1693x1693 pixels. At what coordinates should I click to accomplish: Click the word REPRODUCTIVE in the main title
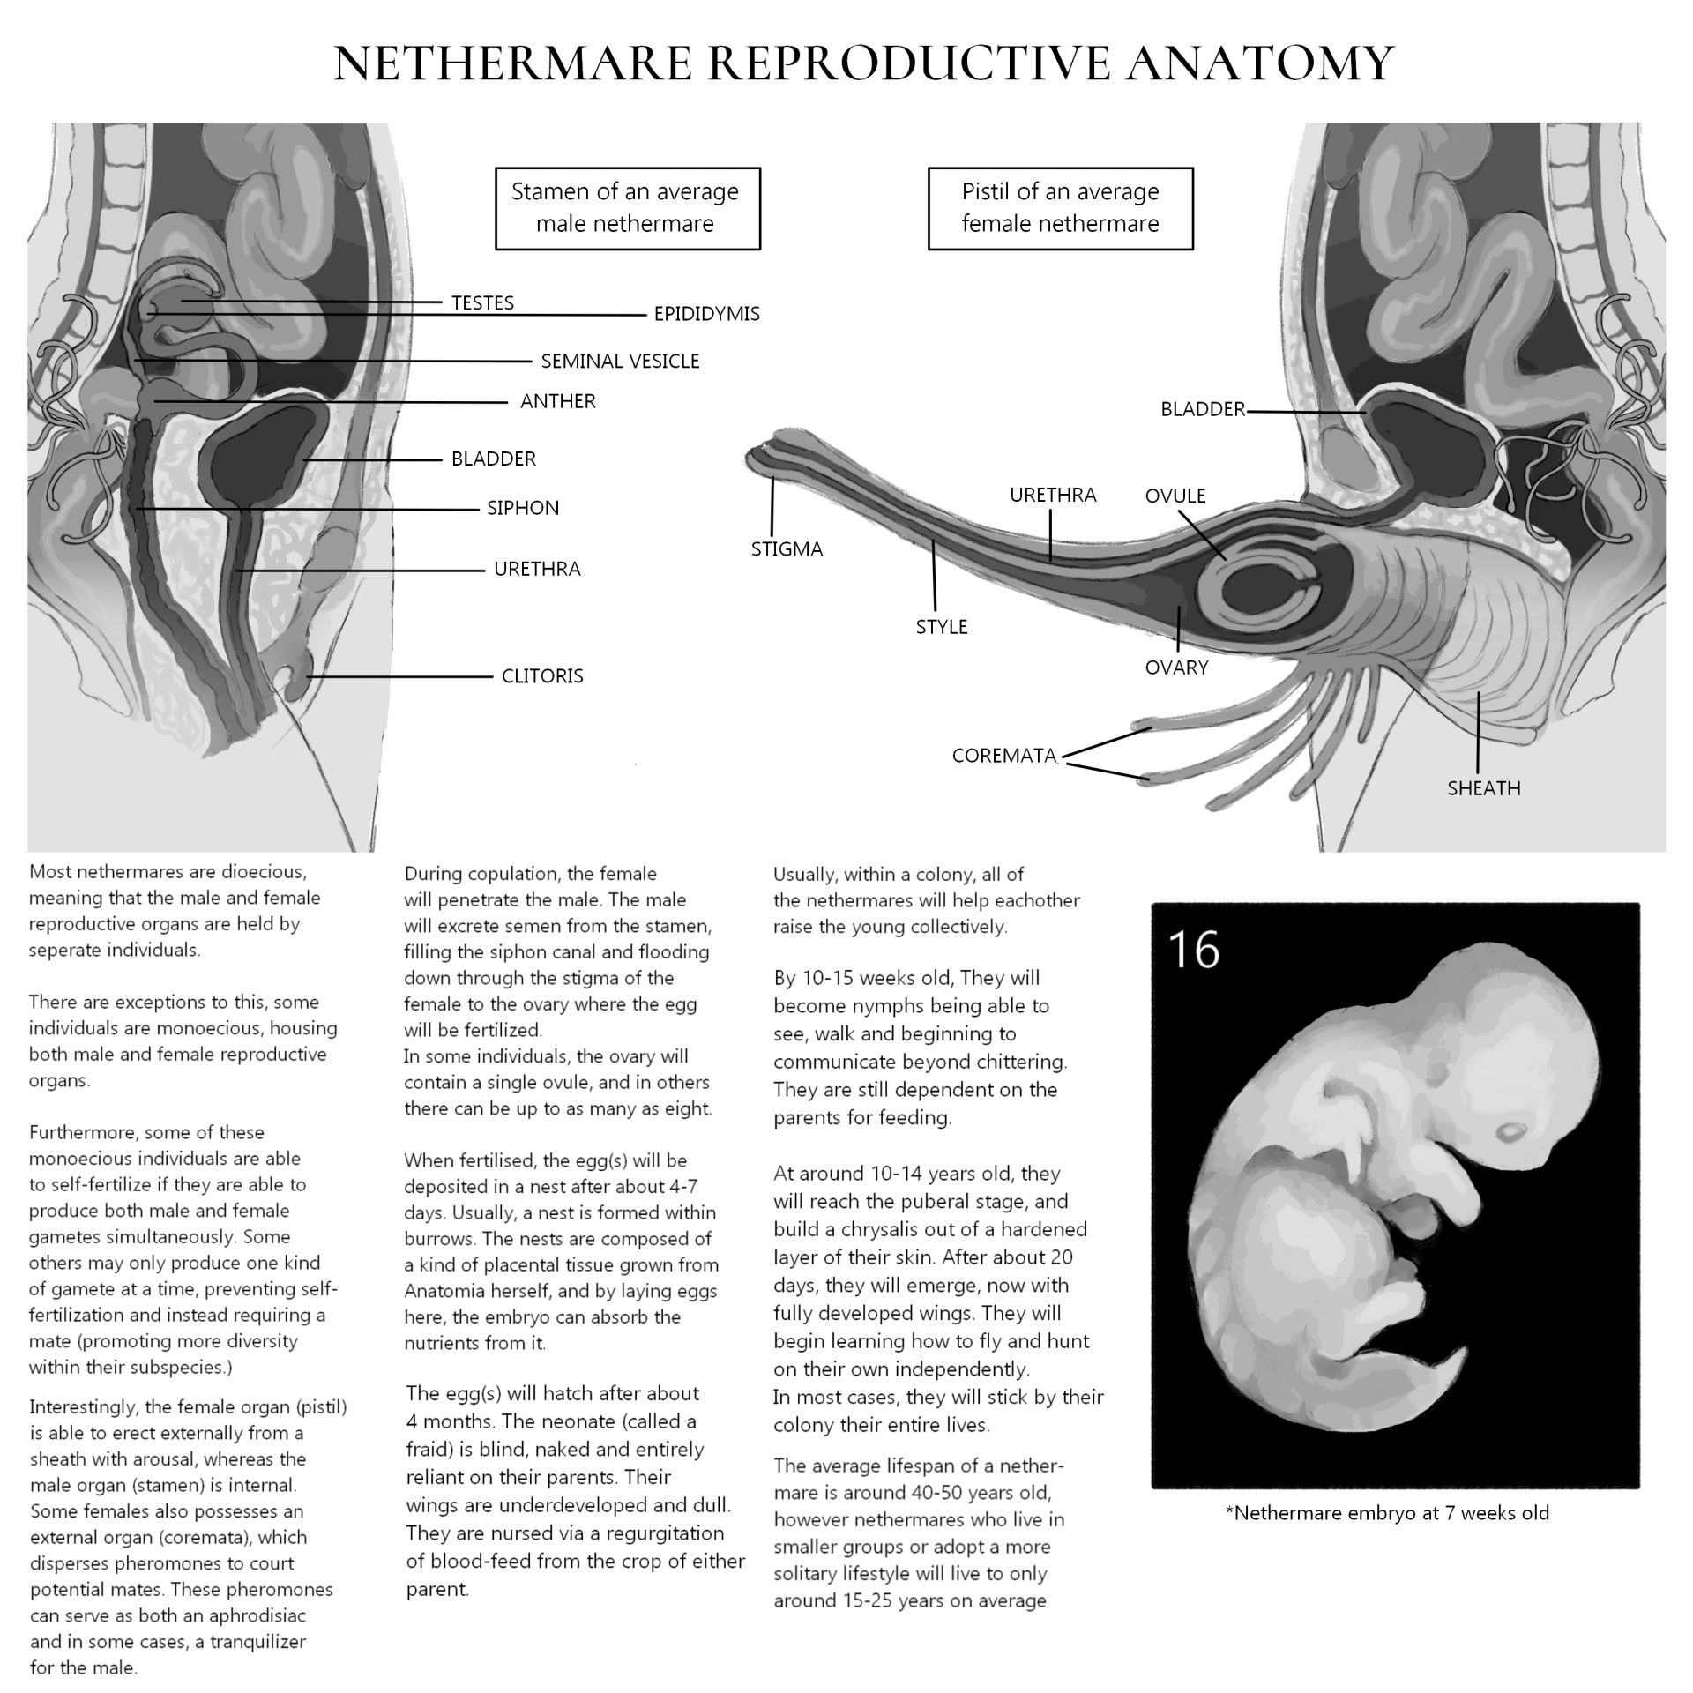pyautogui.click(x=907, y=63)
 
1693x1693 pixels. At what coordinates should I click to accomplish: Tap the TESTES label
pyautogui.click(x=482, y=303)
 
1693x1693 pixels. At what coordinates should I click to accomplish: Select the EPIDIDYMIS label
pyautogui.click(x=706, y=314)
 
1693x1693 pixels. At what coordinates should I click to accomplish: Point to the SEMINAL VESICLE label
pyautogui.click(x=620, y=362)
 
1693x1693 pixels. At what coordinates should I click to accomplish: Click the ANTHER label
pyautogui.click(x=558, y=402)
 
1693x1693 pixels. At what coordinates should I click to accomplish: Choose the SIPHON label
pyautogui.click(x=523, y=509)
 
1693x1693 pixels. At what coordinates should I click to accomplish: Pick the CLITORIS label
pyautogui.click(x=542, y=676)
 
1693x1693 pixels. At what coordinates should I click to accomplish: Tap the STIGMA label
pyautogui.click(x=787, y=549)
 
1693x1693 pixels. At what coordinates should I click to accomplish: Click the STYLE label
pyautogui.click(x=942, y=627)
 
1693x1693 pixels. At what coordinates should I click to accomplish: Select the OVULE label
pyautogui.click(x=1175, y=496)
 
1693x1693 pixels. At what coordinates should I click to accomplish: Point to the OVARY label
pyautogui.click(x=1176, y=668)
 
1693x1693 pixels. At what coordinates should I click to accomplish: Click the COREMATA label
pyautogui.click(x=1003, y=757)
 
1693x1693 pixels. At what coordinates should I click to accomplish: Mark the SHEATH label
pyautogui.click(x=1484, y=788)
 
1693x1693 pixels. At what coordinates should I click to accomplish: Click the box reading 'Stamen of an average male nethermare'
pyautogui.click(x=627, y=208)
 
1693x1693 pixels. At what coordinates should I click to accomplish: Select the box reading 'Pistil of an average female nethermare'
pyautogui.click(x=1060, y=208)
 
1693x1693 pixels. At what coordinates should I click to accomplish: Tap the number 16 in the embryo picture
pyautogui.click(x=1193, y=950)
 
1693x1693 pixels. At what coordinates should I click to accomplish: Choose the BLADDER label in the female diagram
pyautogui.click(x=1203, y=410)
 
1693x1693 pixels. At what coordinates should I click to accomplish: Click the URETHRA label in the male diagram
pyautogui.click(x=537, y=570)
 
